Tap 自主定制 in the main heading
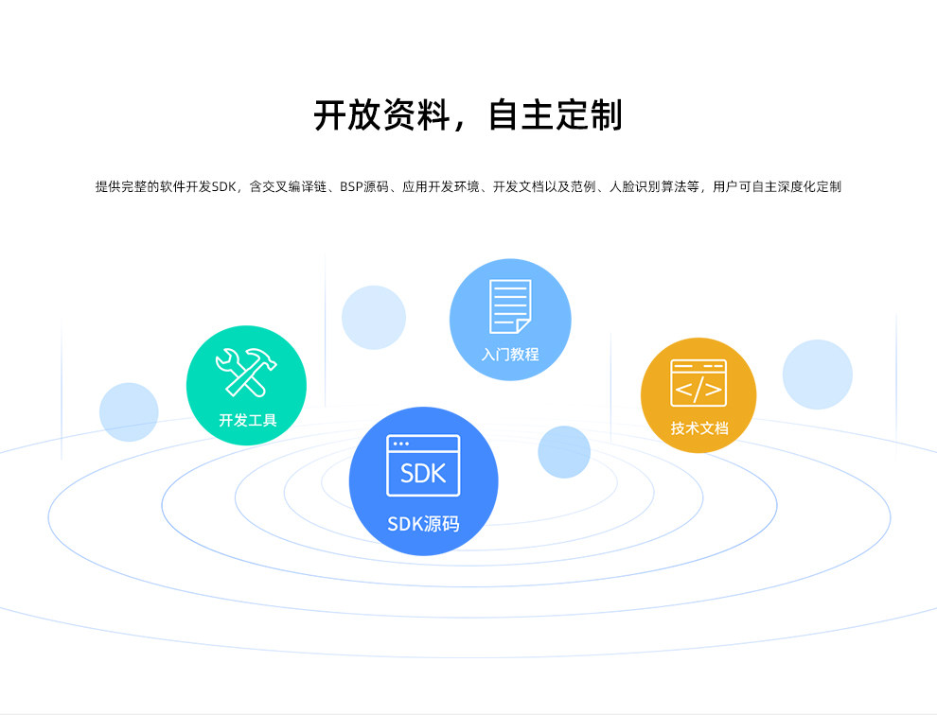[556, 114]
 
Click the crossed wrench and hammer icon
[245, 372]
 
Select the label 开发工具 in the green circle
[247, 420]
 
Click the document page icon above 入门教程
[509, 305]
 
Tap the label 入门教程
[509, 355]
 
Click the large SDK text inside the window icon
[423, 473]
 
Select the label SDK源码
[423, 523]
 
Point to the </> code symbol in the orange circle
[698, 389]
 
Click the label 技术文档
[699, 427]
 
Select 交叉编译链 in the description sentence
[296, 187]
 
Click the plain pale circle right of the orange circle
[817, 375]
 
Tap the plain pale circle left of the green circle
[129, 411]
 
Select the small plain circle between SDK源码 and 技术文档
[564, 451]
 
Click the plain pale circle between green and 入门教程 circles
[374, 318]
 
